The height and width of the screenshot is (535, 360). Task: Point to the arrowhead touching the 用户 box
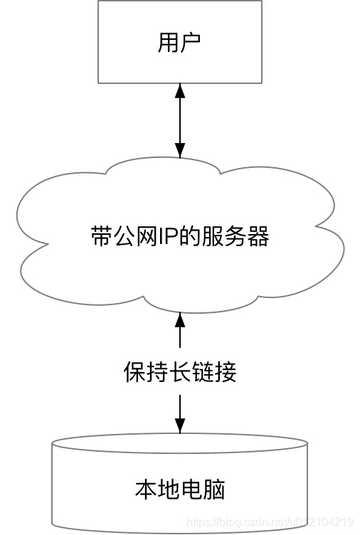coord(180,90)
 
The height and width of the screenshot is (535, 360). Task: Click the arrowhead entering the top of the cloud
coord(180,150)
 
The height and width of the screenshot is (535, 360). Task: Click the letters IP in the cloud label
coord(156,236)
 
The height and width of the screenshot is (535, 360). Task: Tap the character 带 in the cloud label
coord(101,236)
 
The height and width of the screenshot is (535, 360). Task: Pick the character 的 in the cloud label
coord(178,236)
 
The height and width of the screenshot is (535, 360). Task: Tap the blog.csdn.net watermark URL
coord(270,522)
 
